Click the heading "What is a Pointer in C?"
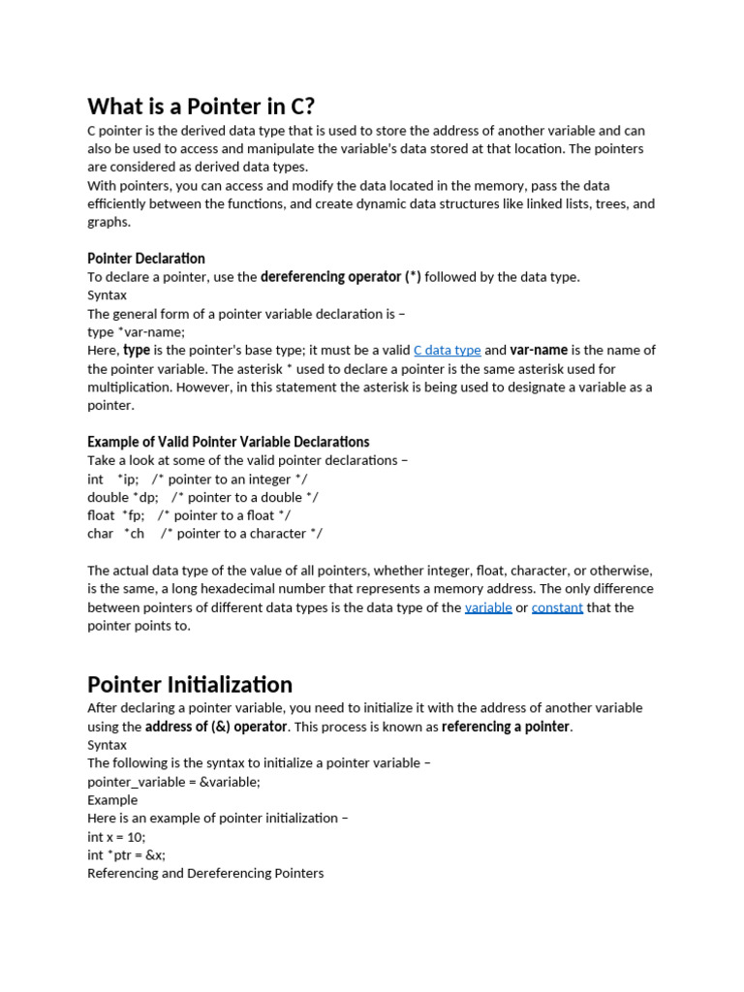201,106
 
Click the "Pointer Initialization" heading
190,684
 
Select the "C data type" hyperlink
447,351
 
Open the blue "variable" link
488,607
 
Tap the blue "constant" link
557,607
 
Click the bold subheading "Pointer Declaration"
146,259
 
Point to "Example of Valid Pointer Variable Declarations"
229,442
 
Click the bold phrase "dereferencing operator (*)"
341,277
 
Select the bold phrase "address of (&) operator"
216,727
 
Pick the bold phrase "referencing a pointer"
506,727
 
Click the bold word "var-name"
539,351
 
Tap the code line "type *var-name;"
136,332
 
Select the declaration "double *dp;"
123,497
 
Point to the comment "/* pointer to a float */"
224,515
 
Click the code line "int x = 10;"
116,837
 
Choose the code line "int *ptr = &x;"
127,855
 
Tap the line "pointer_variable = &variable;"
174,782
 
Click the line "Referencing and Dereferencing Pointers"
205,874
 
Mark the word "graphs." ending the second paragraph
108,222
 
